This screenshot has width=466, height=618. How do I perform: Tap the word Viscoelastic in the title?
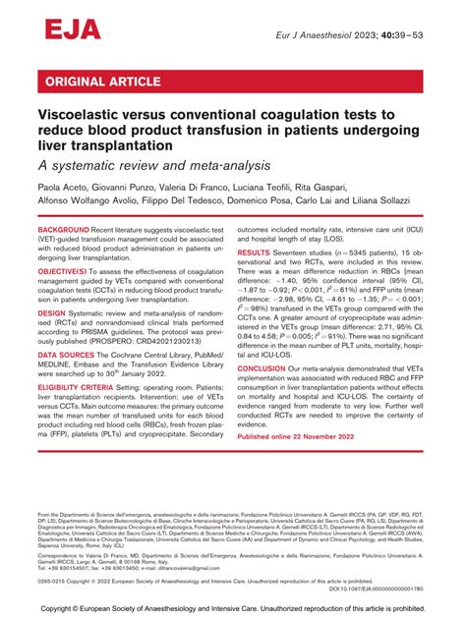tap(86, 115)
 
